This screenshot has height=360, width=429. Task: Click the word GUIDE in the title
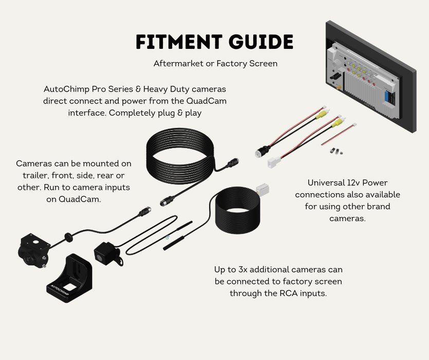coord(261,43)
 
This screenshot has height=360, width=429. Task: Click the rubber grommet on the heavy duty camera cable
coord(68,237)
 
